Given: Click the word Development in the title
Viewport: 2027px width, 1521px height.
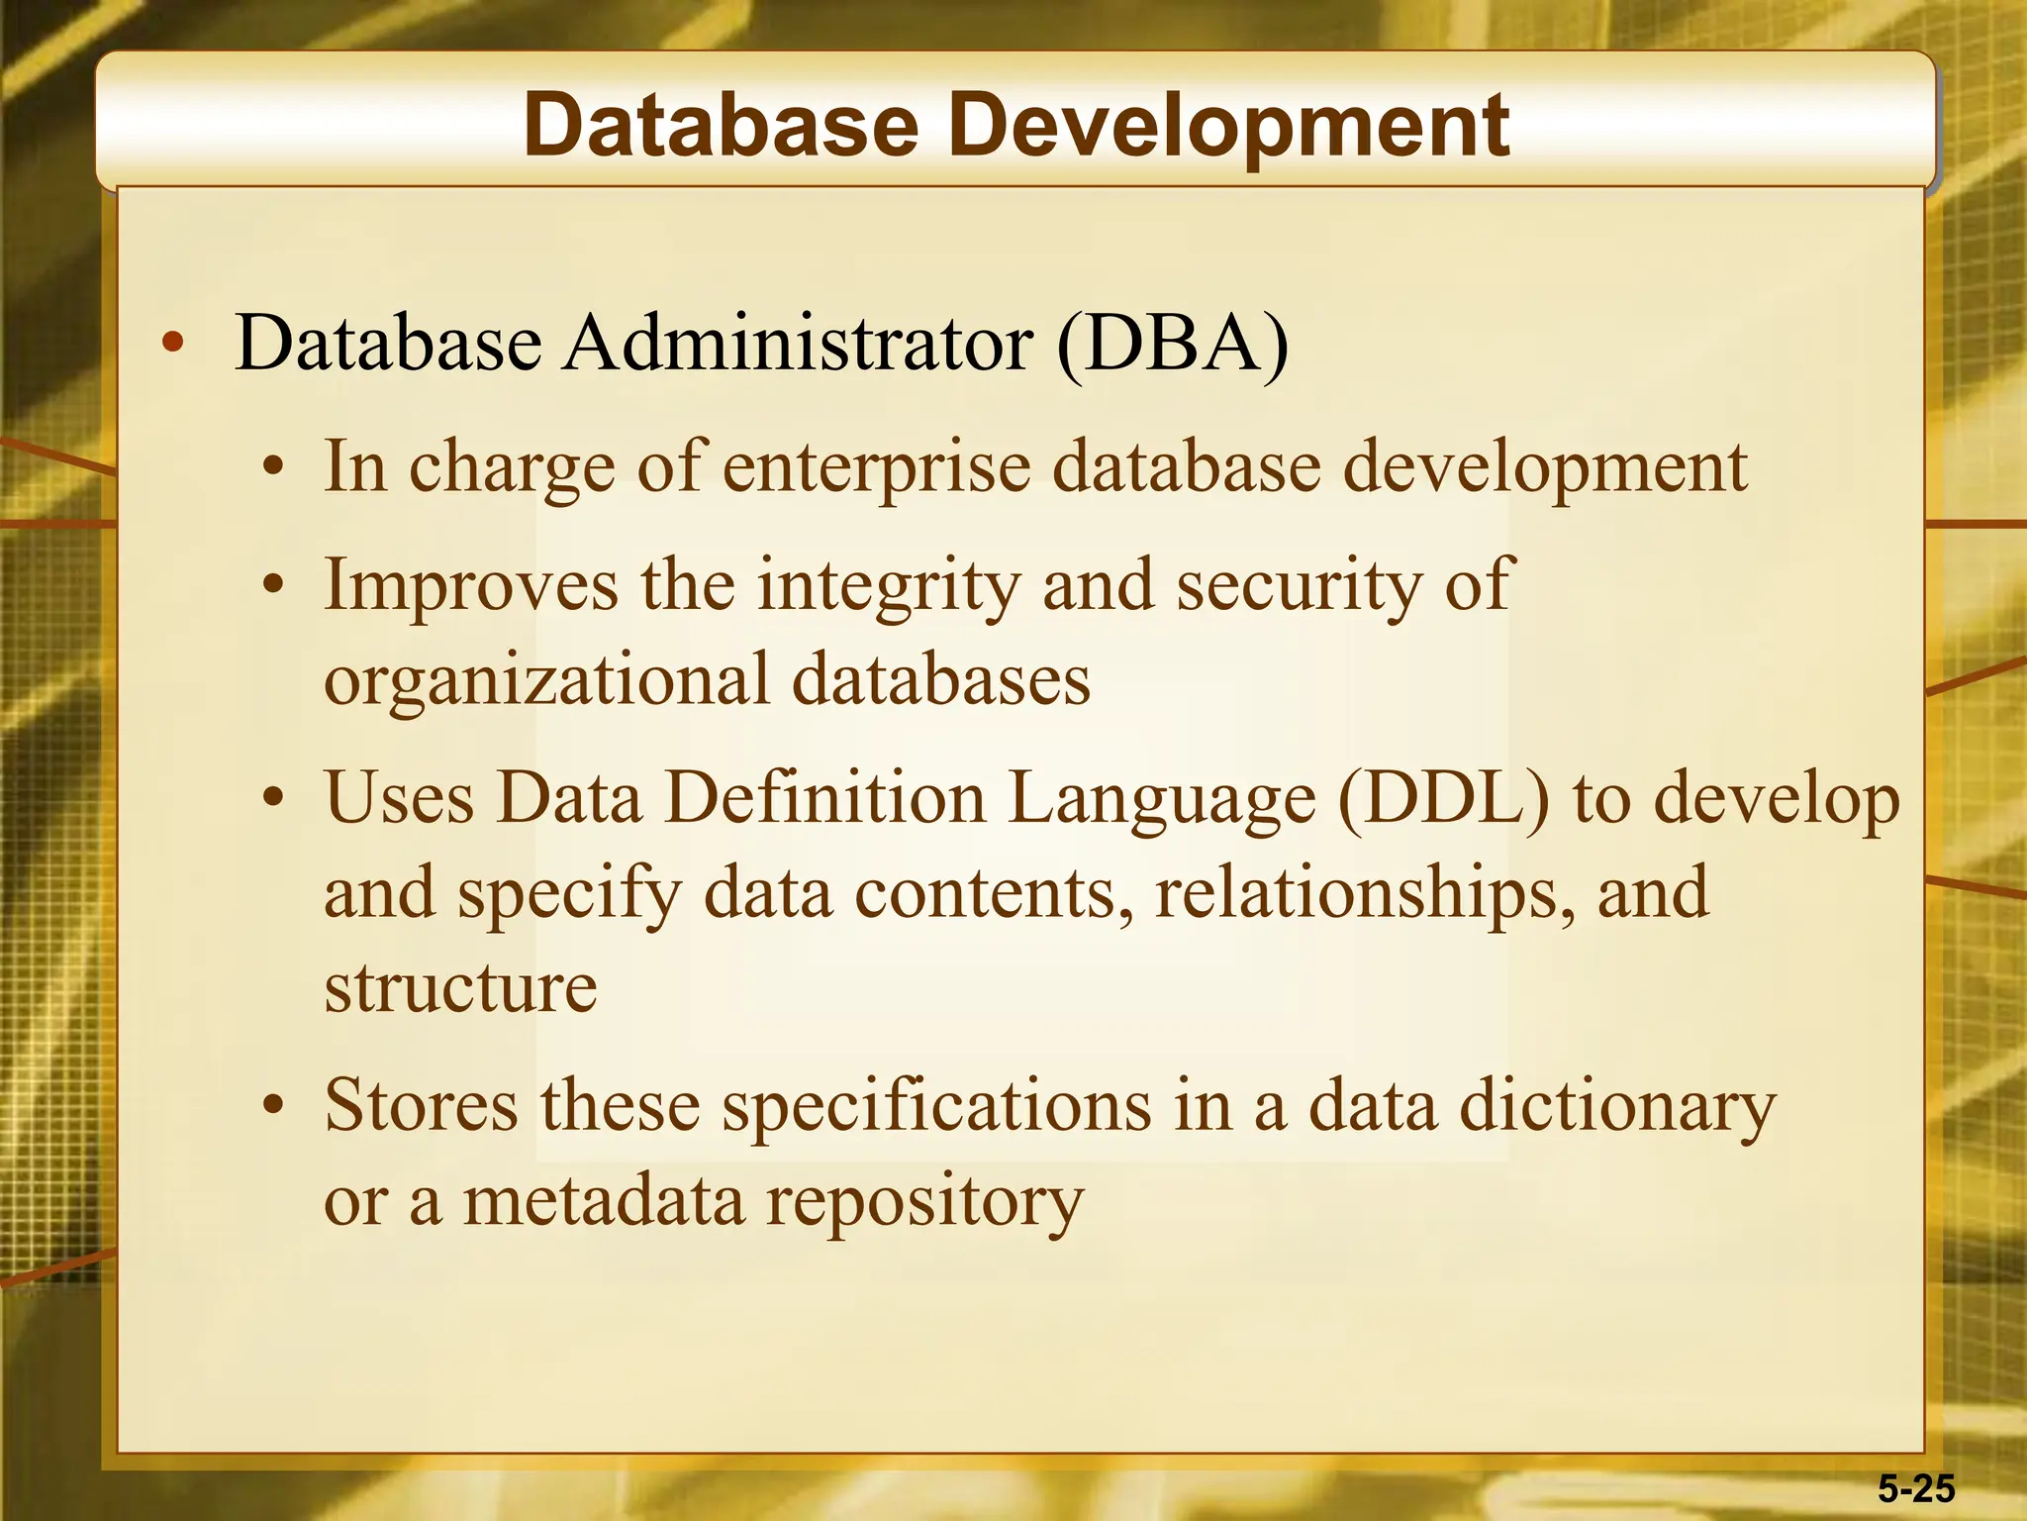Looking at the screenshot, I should (1228, 127).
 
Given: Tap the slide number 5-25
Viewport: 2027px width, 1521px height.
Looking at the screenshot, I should (1916, 1488).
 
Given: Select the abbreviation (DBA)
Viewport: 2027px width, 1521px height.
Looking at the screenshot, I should (1173, 344).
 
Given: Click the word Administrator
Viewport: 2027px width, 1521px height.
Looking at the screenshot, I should (798, 344).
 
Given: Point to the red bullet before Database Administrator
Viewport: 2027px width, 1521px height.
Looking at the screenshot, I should (173, 344).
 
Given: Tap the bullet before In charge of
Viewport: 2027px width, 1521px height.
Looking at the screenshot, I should (274, 467).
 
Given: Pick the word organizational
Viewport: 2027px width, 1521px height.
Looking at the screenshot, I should (546, 681).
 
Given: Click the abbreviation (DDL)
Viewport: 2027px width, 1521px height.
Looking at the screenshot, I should (1443, 798).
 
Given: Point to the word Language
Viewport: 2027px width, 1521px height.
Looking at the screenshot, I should (1162, 800).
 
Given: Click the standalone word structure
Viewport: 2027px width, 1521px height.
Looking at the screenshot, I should (461, 987).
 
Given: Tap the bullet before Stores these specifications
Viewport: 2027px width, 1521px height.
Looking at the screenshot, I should (274, 1106).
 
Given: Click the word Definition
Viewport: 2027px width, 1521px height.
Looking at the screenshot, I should (825, 798).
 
